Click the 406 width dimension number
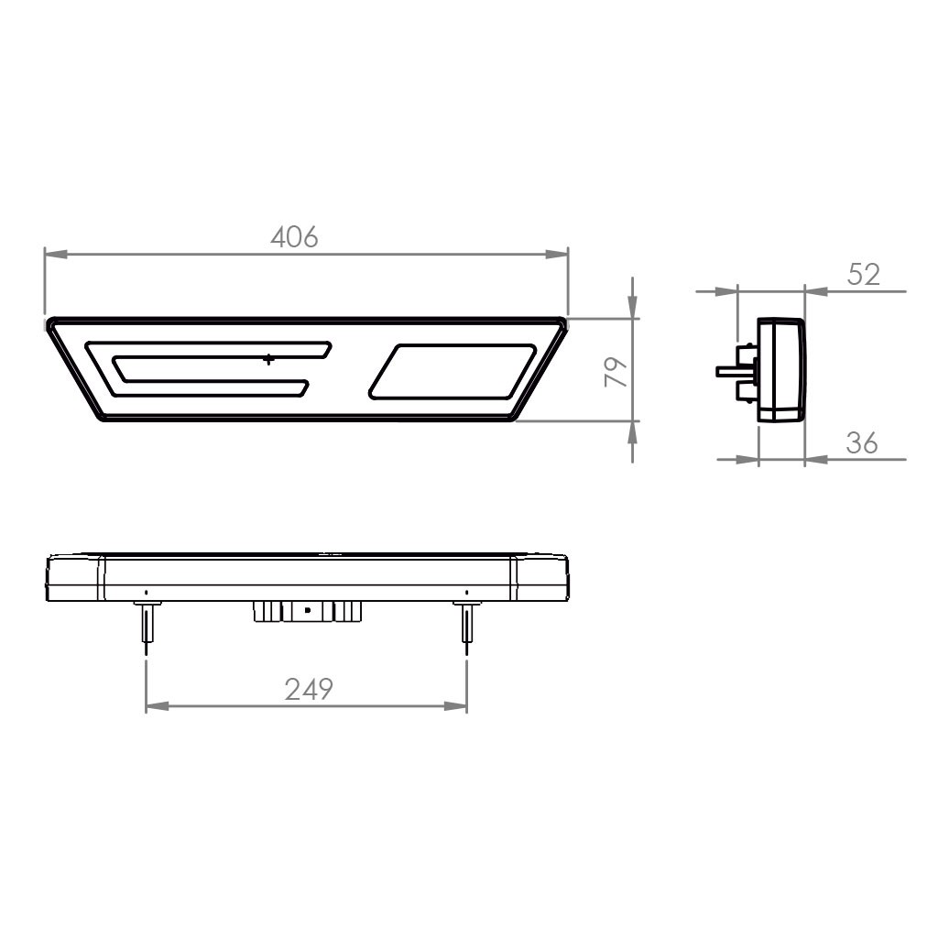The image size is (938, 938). pos(294,237)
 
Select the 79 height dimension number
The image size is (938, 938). pos(616,372)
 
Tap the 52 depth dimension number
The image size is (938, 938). pos(864,275)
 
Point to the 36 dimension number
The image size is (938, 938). pos(862,443)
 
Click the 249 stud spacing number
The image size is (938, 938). pos(309,689)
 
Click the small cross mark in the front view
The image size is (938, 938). pos(269,359)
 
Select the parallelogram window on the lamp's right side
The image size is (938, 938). pos(453,371)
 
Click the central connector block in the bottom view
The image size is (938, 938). pos(308,611)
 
